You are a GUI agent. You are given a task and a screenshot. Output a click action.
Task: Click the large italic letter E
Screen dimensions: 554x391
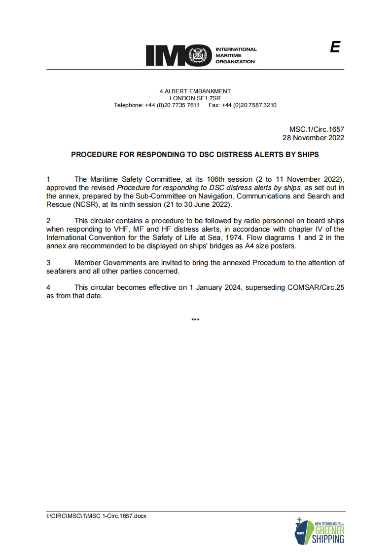(335, 47)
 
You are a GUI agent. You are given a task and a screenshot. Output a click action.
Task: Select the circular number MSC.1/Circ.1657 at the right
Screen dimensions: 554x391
(319, 130)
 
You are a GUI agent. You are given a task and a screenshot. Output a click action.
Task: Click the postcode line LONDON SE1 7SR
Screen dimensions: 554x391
(195, 98)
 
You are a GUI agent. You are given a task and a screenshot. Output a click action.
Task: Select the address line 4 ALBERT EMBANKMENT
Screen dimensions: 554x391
(195, 91)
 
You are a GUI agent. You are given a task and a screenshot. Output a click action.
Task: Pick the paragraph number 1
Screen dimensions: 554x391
(48, 179)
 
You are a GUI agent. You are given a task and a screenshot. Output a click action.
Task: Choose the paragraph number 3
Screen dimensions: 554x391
(48, 263)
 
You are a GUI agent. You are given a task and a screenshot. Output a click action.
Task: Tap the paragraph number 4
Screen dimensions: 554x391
(48, 287)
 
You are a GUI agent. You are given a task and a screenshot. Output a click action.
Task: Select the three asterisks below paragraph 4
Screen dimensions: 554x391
(195, 320)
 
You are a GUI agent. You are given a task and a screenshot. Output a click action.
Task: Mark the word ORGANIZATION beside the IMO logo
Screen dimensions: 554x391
(235, 62)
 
